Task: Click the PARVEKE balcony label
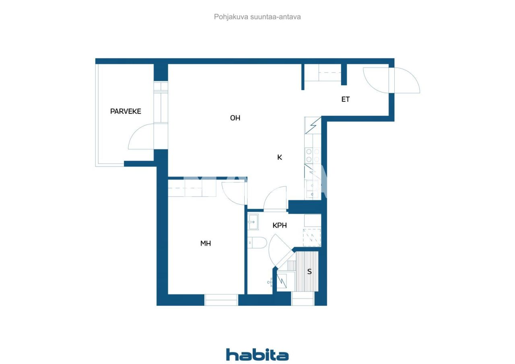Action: pyautogui.click(x=126, y=111)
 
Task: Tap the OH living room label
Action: pyautogui.click(x=235, y=118)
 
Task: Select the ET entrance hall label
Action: pyautogui.click(x=345, y=99)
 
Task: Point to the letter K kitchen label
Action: pyautogui.click(x=280, y=157)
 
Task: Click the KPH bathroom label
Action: pyautogui.click(x=280, y=226)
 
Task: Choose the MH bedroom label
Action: pyautogui.click(x=206, y=243)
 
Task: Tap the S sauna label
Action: pyautogui.click(x=309, y=271)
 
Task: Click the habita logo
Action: pyautogui.click(x=257, y=354)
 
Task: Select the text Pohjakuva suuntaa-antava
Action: pyautogui.click(x=257, y=17)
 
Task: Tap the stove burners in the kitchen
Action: pyautogui.click(x=313, y=155)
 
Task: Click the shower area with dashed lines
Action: pyautogui.click(x=312, y=237)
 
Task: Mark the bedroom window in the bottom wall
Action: pyautogui.click(x=221, y=300)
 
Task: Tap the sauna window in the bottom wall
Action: pyautogui.click(x=303, y=300)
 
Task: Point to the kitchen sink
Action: pyautogui.click(x=313, y=189)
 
